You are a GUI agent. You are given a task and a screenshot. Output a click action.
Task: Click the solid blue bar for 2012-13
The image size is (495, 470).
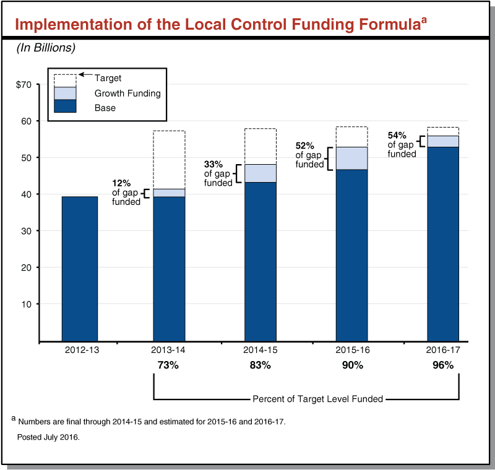pos(80,268)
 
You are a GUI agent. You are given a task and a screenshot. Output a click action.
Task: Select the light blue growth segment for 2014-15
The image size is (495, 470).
pos(260,173)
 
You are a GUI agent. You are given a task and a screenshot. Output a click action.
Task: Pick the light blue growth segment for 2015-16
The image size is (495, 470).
pos(351,158)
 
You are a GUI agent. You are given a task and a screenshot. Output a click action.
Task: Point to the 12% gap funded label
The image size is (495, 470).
pos(121,184)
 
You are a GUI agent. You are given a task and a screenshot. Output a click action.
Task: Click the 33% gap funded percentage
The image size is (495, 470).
pos(213,165)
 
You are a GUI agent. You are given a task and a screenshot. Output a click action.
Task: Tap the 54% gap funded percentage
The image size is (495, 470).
pos(397,135)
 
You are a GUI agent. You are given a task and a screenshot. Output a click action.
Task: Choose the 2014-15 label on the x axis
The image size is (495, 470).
pos(260,350)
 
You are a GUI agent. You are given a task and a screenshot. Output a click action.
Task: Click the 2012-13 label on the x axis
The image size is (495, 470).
pos(80,350)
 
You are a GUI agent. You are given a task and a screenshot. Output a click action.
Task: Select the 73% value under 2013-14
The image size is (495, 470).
pos(169,365)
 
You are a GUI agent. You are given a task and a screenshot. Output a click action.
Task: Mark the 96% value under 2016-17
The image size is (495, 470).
pos(443,365)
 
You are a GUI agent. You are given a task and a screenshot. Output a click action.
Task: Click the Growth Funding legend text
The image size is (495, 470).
pos(127,94)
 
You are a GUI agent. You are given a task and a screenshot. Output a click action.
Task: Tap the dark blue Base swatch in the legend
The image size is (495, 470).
pos(65,107)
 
